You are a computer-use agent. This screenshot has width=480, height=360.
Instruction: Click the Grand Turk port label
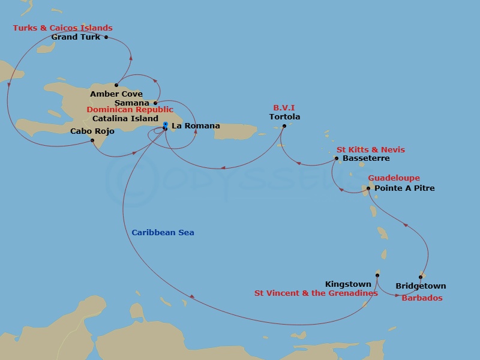coord(76,37)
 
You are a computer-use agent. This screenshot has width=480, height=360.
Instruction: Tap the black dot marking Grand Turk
coord(106,37)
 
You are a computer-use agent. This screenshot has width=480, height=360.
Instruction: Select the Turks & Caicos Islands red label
coord(63,28)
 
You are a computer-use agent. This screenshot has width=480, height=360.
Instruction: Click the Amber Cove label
coord(116,94)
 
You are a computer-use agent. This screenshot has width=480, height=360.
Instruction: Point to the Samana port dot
coord(155,103)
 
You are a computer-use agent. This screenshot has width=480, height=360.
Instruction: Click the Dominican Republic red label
coord(130,110)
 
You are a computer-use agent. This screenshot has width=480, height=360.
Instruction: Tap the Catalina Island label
coord(125,119)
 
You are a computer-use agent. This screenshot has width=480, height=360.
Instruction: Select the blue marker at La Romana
coord(165,125)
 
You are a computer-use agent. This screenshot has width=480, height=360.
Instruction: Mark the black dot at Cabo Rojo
coord(92,140)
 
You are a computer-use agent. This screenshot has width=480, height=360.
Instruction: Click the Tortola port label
coord(284,117)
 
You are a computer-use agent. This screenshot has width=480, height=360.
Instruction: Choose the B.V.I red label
coord(284,108)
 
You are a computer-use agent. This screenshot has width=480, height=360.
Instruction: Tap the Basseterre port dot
coord(337,158)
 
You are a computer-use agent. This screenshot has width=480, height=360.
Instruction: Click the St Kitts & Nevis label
coord(370,149)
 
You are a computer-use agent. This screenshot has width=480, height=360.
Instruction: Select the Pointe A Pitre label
coord(404,188)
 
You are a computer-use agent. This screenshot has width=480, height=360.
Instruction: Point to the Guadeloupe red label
coord(394,178)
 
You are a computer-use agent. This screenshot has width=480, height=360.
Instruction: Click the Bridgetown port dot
coord(420,277)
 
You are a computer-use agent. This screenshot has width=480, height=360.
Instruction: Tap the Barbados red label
coord(422,298)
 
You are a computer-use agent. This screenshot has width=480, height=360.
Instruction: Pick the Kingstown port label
coord(347,284)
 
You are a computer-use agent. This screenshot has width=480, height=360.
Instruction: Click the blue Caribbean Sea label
coord(163,233)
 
